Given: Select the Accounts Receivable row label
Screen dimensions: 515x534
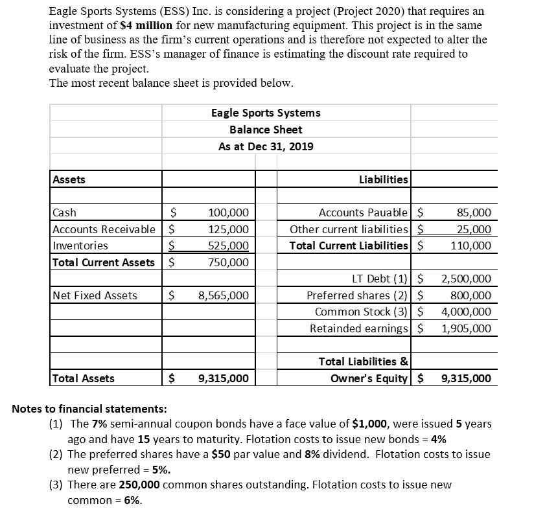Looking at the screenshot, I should click(x=104, y=229).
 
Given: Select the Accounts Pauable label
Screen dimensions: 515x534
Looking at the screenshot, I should click(x=364, y=212).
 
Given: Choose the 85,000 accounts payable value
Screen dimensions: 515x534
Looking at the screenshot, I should click(x=474, y=212).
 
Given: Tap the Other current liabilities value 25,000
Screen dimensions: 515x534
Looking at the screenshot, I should click(x=474, y=229).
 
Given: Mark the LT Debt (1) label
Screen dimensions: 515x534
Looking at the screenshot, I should click(x=380, y=279).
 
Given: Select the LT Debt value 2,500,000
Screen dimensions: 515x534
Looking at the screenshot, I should click(x=466, y=279).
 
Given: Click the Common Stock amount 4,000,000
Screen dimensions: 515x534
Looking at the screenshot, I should click(x=466, y=312).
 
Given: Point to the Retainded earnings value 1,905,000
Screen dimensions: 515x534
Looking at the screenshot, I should click(x=466, y=328).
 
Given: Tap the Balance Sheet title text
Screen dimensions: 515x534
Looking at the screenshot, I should click(x=266, y=130).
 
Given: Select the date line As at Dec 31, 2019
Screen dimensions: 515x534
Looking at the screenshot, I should click(x=266, y=146).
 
